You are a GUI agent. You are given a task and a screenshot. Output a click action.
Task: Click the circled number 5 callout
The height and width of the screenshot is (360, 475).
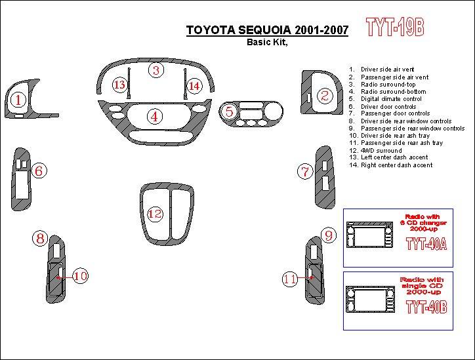click(x=230, y=111)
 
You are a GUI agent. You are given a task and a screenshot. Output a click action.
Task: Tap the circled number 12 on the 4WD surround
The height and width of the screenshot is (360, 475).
click(x=155, y=214)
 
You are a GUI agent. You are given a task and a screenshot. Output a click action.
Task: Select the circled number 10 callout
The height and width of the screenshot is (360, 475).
click(x=81, y=276)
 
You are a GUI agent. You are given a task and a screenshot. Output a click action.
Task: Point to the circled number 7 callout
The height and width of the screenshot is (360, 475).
click(x=305, y=171)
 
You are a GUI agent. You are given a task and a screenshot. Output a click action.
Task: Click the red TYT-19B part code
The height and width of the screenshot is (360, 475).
click(x=395, y=27)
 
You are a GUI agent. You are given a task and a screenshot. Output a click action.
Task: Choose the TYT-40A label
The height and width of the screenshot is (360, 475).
click(x=426, y=244)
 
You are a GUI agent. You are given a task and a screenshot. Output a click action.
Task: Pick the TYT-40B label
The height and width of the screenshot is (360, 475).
click(x=426, y=307)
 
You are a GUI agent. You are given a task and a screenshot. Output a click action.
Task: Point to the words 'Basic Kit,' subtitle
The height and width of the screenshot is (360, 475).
click(x=267, y=42)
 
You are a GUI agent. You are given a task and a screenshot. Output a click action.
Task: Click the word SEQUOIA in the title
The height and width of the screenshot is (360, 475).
click(x=264, y=30)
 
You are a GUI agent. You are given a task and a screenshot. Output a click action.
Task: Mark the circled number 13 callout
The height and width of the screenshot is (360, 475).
click(x=119, y=85)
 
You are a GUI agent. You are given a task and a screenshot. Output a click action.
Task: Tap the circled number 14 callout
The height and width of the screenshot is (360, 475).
click(x=194, y=86)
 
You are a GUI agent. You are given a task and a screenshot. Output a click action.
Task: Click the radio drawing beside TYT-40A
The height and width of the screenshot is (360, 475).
click(x=369, y=235)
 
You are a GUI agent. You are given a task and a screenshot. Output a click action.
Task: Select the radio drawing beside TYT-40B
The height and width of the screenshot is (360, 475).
click(x=370, y=299)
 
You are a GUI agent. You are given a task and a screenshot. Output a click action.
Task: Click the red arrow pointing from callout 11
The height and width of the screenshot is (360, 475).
click(x=305, y=277)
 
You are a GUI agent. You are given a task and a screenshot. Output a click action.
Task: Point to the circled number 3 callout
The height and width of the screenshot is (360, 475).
click(x=156, y=70)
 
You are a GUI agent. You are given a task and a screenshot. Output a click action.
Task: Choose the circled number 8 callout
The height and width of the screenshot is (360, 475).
click(x=40, y=238)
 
